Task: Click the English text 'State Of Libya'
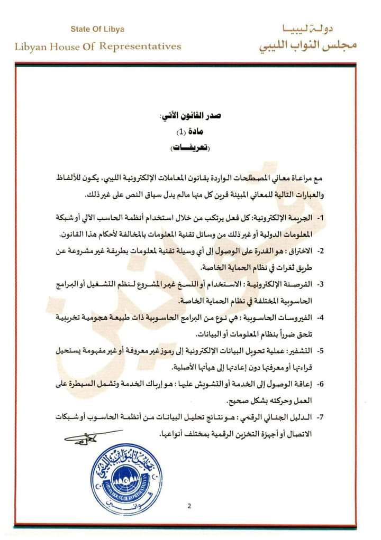[x=97, y=30]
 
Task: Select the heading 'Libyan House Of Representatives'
[x=98, y=46]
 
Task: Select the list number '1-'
[x=321, y=218]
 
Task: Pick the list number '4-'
[x=321, y=318]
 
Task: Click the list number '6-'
[x=321, y=385]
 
